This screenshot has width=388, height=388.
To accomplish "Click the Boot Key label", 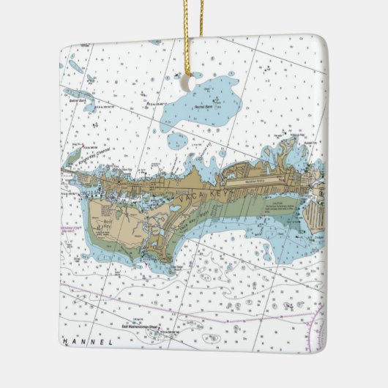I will pos(110,224).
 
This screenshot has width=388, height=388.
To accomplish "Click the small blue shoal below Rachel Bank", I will pos(177,141).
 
